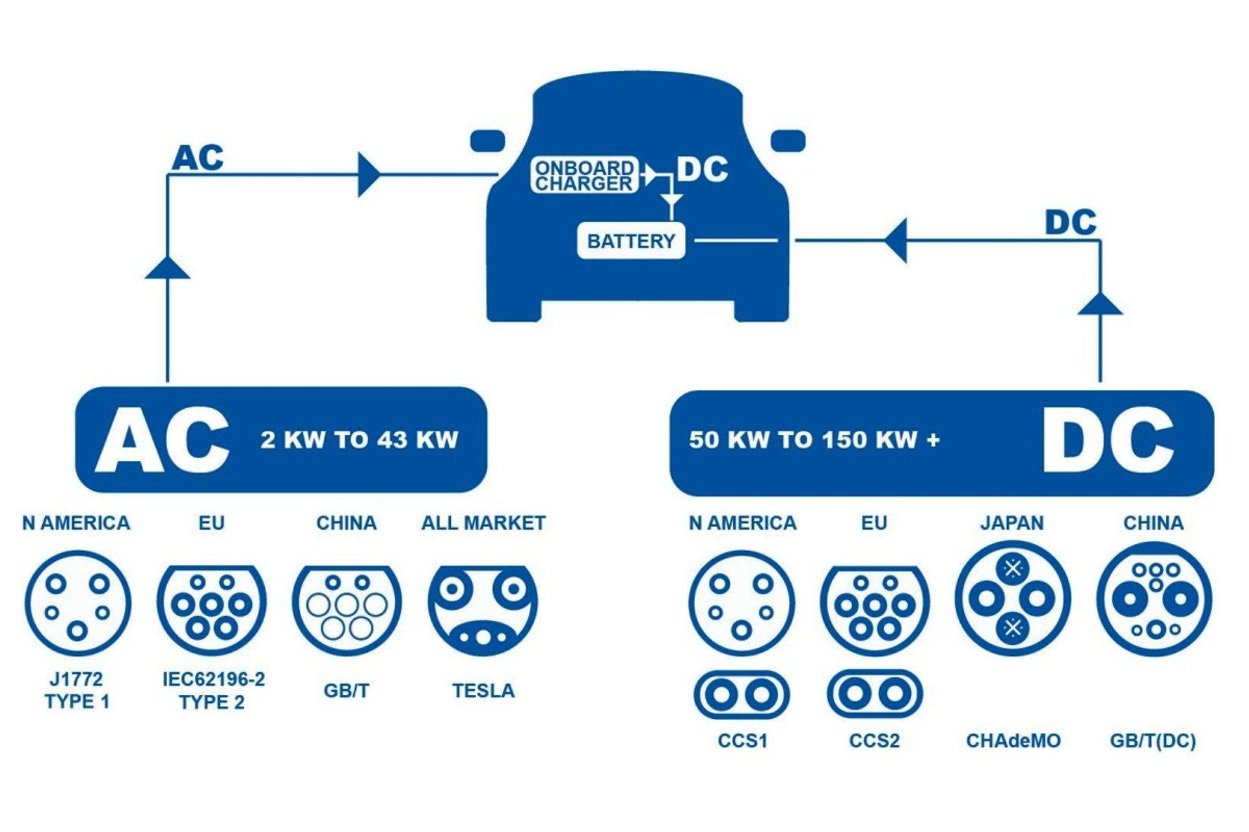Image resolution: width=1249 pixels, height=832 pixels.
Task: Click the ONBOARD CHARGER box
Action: click(x=584, y=175)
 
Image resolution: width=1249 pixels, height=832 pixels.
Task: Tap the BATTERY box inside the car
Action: click(x=631, y=240)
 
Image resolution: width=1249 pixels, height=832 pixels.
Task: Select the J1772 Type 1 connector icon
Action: click(x=77, y=603)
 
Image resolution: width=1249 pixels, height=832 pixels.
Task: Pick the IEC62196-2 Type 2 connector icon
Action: click(x=211, y=608)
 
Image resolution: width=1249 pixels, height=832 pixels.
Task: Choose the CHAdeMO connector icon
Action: click(x=1012, y=599)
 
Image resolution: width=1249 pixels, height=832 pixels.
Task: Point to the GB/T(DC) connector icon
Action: click(x=1154, y=599)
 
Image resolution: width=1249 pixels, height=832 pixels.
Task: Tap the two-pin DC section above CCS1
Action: click(x=742, y=695)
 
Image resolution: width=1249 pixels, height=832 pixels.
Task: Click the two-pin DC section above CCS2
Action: click(x=874, y=694)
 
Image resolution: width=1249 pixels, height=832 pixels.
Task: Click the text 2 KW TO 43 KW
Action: click(x=359, y=440)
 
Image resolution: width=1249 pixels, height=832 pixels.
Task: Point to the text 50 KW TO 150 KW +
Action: click(x=814, y=440)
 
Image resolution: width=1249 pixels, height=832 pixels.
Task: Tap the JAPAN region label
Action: click(x=1012, y=523)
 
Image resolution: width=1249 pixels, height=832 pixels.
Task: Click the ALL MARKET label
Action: click(x=483, y=523)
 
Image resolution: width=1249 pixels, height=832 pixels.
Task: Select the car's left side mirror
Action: click(x=487, y=141)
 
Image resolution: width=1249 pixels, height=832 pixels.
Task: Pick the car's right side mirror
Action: click(x=788, y=141)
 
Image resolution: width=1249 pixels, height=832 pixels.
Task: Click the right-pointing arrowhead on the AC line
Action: click(x=368, y=175)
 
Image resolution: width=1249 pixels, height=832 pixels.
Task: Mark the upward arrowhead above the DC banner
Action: click(x=1100, y=304)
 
